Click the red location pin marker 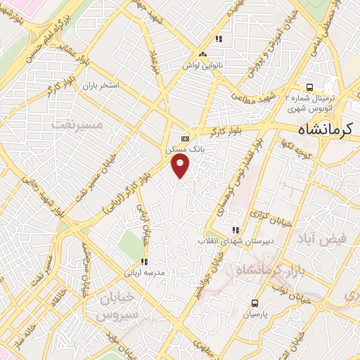(x=181, y=166)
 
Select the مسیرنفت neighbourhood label (x=77, y=124)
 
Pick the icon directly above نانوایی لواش (x=203, y=53)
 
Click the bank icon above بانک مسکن (x=185, y=139)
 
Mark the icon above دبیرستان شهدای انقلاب (x=236, y=229)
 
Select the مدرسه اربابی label (x=144, y=272)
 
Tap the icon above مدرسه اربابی (x=144, y=262)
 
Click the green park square (x=129, y=243)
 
